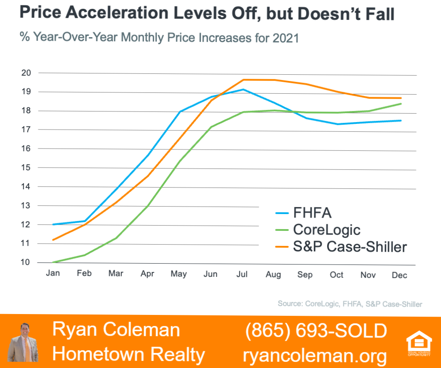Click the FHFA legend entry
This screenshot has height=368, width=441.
pyautogui.click(x=303, y=213)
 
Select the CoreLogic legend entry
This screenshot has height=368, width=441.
pyautogui.click(x=318, y=230)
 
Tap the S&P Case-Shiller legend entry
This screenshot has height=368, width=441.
pyautogui.click(x=341, y=247)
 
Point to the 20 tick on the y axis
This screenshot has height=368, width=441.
pyautogui.click(x=26, y=73)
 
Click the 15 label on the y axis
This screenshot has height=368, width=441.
pyautogui.click(x=26, y=167)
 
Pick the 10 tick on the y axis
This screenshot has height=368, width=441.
pyautogui.click(x=25, y=262)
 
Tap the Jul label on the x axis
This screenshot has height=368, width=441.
pyautogui.click(x=242, y=274)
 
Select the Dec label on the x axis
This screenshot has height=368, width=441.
pyautogui.click(x=400, y=275)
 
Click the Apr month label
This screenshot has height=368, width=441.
pyautogui.click(x=147, y=274)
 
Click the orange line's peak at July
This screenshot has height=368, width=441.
pyautogui.click(x=244, y=80)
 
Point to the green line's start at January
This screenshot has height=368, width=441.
pyautogui.click(x=53, y=262)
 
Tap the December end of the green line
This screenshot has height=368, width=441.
pyautogui.click(x=400, y=104)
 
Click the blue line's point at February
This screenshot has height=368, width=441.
pyautogui.click(x=85, y=221)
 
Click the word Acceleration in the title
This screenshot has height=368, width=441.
pyautogui.click(x=118, y=13)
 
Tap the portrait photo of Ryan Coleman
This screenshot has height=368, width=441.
pyautogui.click(x=23, y=342)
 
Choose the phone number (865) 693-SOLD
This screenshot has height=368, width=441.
pyautogui.click(x=316, y=330)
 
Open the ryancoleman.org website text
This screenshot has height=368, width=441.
pyautogui.click(x=315, y=356)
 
